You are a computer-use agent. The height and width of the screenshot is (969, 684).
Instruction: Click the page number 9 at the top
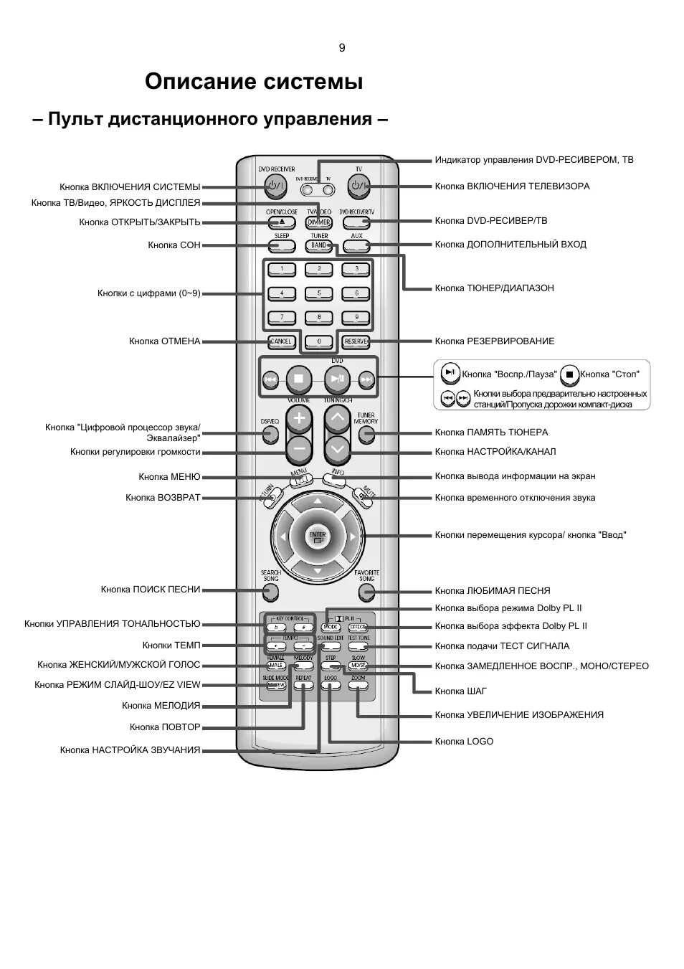click(x=342, y=48)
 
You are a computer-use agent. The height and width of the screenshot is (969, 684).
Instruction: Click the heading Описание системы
click(x=254, y=82)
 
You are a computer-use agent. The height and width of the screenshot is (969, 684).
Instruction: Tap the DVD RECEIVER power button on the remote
click(x=275, y=187)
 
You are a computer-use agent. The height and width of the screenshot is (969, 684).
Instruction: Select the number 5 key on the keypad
click(x=319, y=293)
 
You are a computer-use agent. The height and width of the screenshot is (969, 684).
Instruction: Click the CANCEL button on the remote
click(x=281, y=341)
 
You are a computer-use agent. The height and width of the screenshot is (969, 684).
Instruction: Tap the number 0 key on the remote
click(x=319, y=341)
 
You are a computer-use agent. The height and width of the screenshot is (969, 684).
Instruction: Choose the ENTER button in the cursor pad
click(x=318, y=537)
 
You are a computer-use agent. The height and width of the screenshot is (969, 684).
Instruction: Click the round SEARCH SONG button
click(x=270, y=592)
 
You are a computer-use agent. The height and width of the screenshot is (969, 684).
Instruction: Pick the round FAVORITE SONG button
click(x=366, y=592)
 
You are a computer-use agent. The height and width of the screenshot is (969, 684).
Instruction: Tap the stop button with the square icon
click(x=299, y=378)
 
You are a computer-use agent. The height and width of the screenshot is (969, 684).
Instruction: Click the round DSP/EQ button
click(x=270, y=434)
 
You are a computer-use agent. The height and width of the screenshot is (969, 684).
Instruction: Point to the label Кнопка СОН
click(x=174, y=245)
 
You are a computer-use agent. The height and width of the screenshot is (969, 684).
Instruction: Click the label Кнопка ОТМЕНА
click(x=165, y=341)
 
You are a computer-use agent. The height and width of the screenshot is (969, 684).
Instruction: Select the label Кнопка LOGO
click(x=464, y=742)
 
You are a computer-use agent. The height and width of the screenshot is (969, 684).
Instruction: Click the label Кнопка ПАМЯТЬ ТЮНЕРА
click(x=491, y=432)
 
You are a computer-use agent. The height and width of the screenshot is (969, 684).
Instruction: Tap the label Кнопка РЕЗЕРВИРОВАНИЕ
click(x=495, y=341)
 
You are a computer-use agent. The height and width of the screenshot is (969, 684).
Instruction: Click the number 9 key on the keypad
click(x=356, y=317)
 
